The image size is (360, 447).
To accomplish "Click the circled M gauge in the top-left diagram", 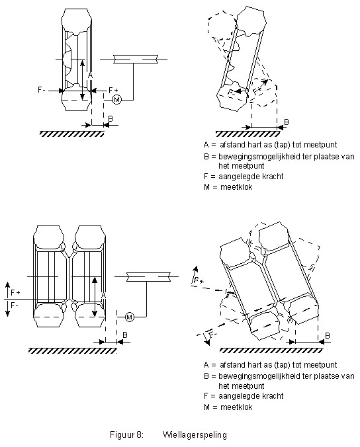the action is click(116, 99).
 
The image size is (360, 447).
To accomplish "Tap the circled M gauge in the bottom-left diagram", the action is click(130, 317).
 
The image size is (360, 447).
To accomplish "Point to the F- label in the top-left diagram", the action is click(42, 90).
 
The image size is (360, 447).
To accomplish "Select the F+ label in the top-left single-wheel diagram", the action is click(114, 90).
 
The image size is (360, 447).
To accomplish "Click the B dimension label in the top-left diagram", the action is click(111, 118).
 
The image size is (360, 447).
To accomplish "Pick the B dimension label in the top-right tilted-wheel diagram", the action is click(287, 122).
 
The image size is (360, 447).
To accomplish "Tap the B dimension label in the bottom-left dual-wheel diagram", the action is click(125, 335).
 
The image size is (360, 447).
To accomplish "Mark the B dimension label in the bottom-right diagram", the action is click(328, 335).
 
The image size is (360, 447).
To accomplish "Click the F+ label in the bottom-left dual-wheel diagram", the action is click(15, 292).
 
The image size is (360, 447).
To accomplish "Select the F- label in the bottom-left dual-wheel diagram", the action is click(15, 305).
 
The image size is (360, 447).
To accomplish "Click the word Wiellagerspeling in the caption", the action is click(195, 434).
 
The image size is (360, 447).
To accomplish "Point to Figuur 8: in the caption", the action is click(126, 434).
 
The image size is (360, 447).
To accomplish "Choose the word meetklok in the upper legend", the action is click(236, 187).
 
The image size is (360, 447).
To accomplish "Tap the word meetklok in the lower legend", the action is click(236, 407).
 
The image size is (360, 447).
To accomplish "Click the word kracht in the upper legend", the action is click(271, 177).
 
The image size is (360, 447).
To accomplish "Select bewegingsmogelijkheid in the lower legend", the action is click(259, 377).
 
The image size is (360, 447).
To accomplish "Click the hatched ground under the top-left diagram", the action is click(72, 134).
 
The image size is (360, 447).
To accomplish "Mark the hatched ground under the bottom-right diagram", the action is click(271, 350).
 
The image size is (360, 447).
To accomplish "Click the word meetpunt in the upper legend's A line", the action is click(320, 145).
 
